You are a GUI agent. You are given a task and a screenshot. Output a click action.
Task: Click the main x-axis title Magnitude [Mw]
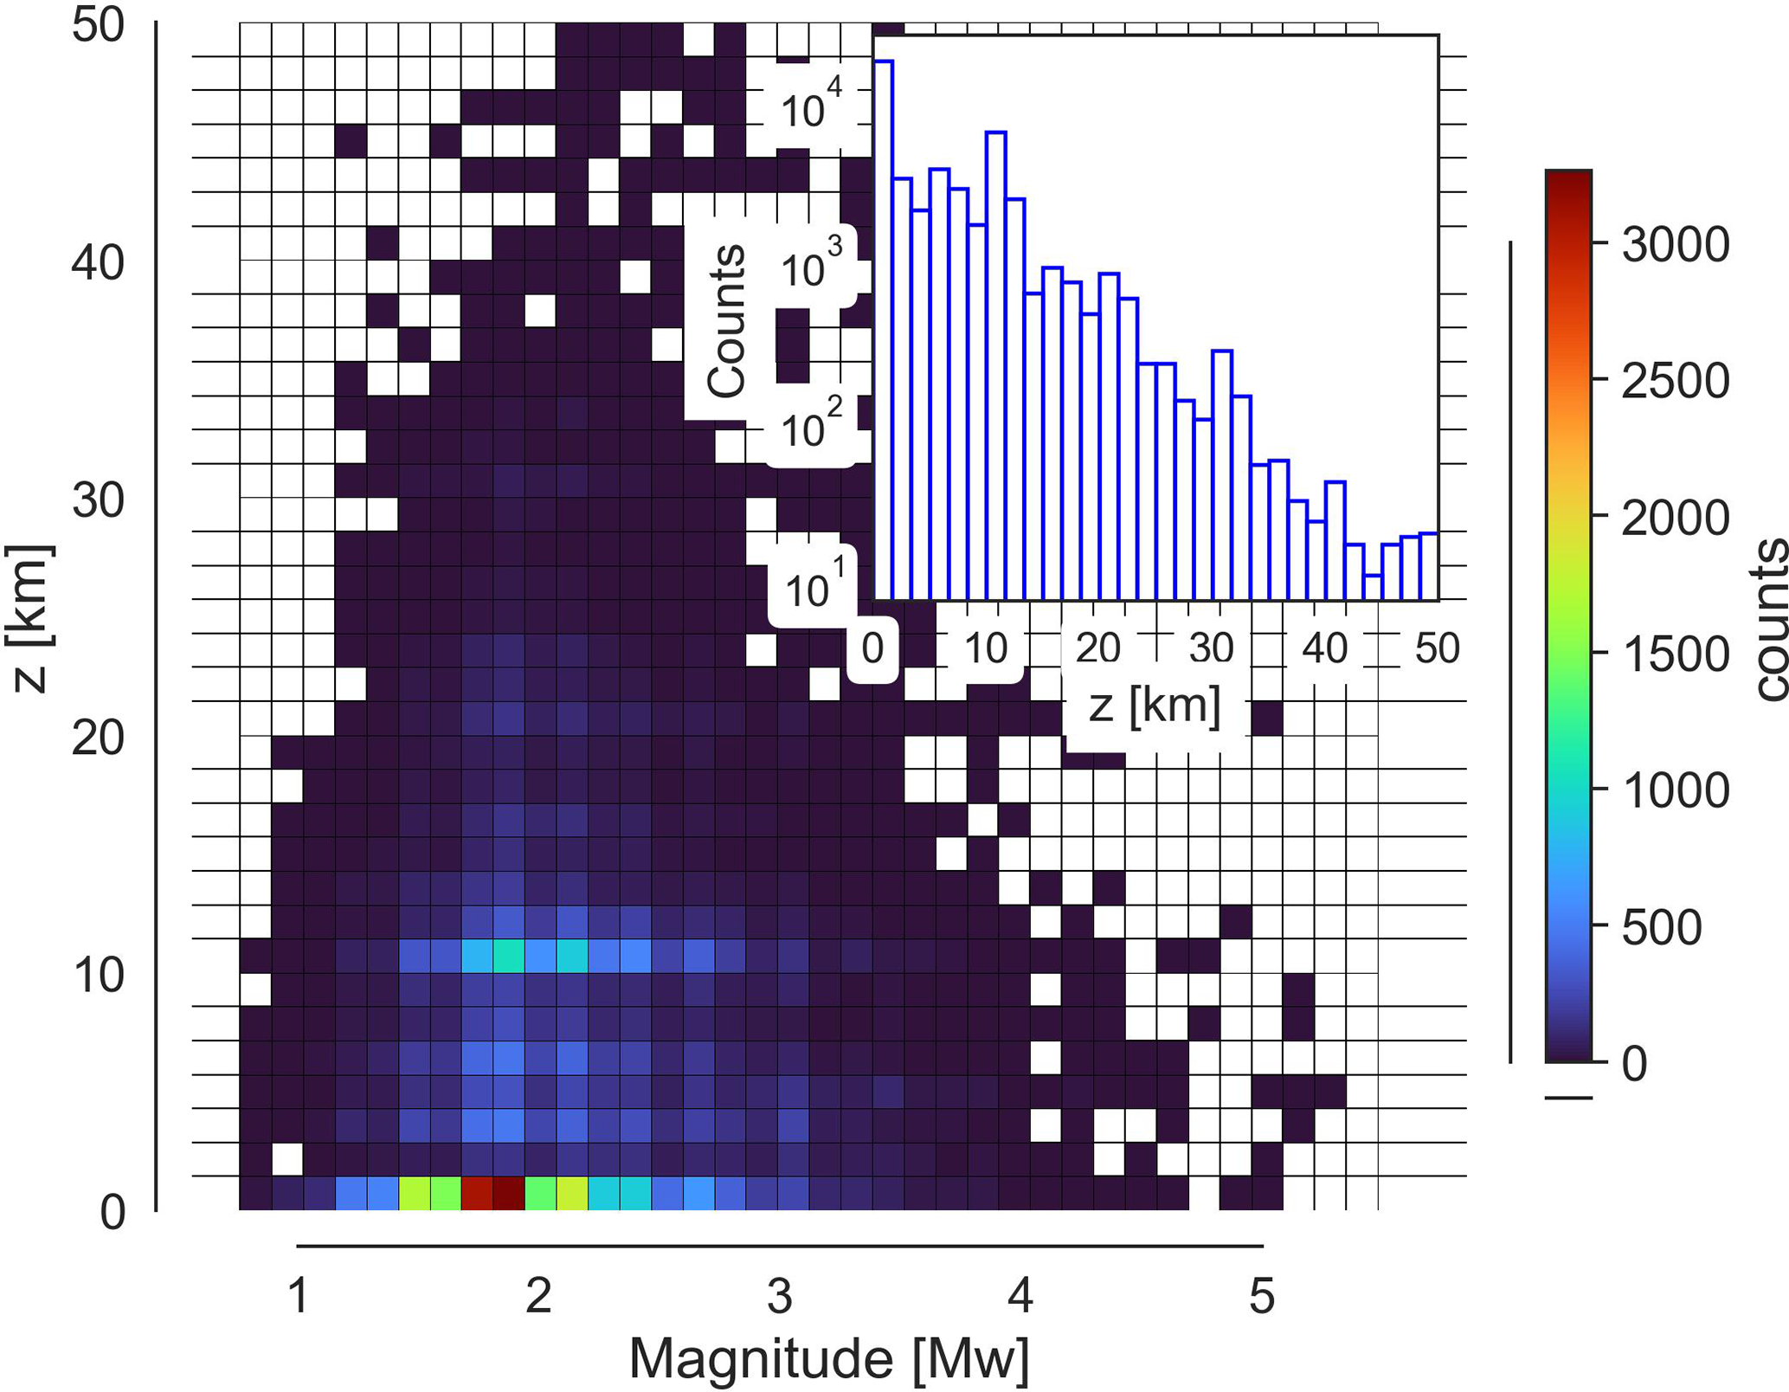click(x=828, y=1358)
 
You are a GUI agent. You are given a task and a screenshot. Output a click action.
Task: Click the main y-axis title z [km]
click(x=29, y=618)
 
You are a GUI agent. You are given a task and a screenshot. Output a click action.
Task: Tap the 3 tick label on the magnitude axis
click(x=780, y=1297)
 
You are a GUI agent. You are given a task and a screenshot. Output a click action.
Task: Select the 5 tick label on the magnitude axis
click(x=1262, y=1297)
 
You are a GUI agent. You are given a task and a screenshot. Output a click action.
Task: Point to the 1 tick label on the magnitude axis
click(x=299, y=1297)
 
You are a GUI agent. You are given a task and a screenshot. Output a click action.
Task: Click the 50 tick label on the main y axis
click(x=98, y=25)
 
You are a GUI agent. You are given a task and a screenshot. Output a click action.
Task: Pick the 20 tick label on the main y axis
click(x=98, y=738)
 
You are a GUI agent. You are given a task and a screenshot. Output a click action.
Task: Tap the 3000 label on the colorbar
click(x=1675, y=245)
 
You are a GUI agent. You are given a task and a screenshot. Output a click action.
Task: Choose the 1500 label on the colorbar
click(x=1675, y=654)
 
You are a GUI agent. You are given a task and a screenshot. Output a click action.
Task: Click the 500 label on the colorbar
click(x=1662, y=927)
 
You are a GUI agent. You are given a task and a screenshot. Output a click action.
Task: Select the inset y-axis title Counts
click(x=725, y=321)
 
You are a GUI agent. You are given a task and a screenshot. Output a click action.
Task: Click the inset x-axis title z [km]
click(x=1155, y=706)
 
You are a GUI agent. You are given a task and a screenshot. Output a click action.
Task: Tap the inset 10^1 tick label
click(x=809, y=589)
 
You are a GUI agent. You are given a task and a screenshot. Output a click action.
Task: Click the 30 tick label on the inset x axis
click(x=1211, y=648)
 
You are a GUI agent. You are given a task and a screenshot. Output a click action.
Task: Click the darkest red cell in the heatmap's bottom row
click(x=509, y=1192)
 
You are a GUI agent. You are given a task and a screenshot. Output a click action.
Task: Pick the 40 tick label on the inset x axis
click(x=1324, y=648)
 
